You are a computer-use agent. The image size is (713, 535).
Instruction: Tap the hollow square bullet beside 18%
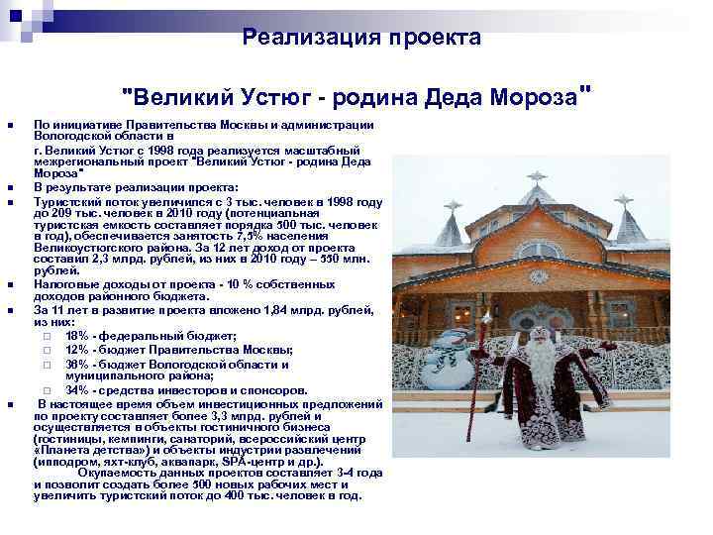pyautogui.click(x=47, y=337)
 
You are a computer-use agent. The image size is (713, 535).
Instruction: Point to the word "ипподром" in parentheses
pyautogui.click(x=69, y=461)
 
